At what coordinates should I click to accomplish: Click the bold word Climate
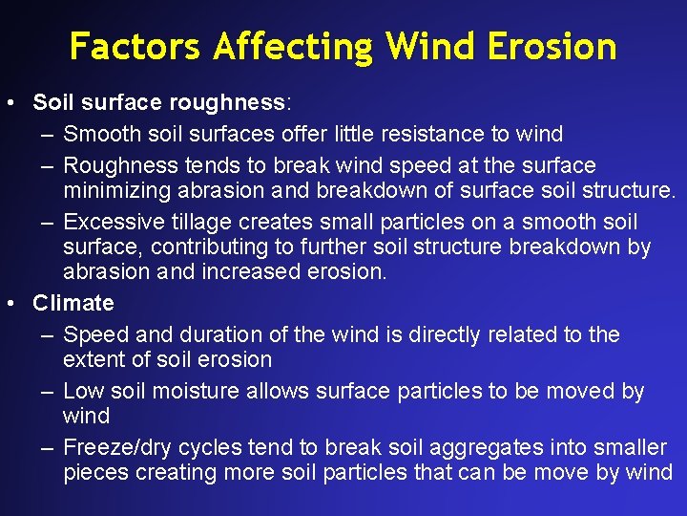[x=73, y=304]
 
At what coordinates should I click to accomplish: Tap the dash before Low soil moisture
[x=48, y=391]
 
